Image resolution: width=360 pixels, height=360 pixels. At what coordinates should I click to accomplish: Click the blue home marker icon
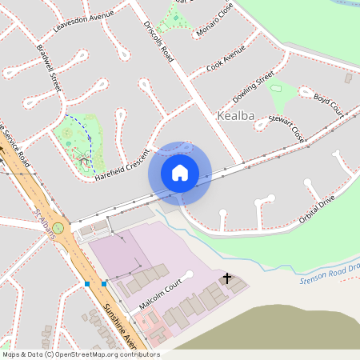(180, 172)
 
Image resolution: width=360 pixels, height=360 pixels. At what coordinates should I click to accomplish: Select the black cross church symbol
(227, 278)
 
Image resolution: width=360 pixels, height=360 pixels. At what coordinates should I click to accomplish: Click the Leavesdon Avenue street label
(83, 17)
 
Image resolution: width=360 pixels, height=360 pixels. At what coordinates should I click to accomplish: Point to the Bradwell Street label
(48, 67)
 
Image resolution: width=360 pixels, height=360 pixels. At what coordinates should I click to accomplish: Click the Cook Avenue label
(226, 61)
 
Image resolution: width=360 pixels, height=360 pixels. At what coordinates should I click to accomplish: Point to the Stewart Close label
(286, 126)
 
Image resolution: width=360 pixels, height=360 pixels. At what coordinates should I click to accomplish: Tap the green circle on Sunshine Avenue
(58, 228)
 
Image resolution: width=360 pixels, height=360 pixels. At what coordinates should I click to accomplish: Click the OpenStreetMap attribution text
(81, 354)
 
